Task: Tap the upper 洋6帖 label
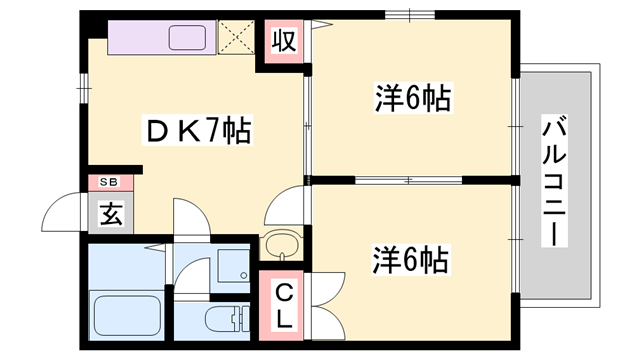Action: click(x=412, y=99)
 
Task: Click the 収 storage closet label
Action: click(x=283, y=42)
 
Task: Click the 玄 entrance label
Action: click(x=109, y=213)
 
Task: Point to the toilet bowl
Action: click(x=222, y=323)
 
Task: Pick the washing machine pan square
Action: click(x=231, y=265)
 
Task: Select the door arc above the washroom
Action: click(x=189, y=217)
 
